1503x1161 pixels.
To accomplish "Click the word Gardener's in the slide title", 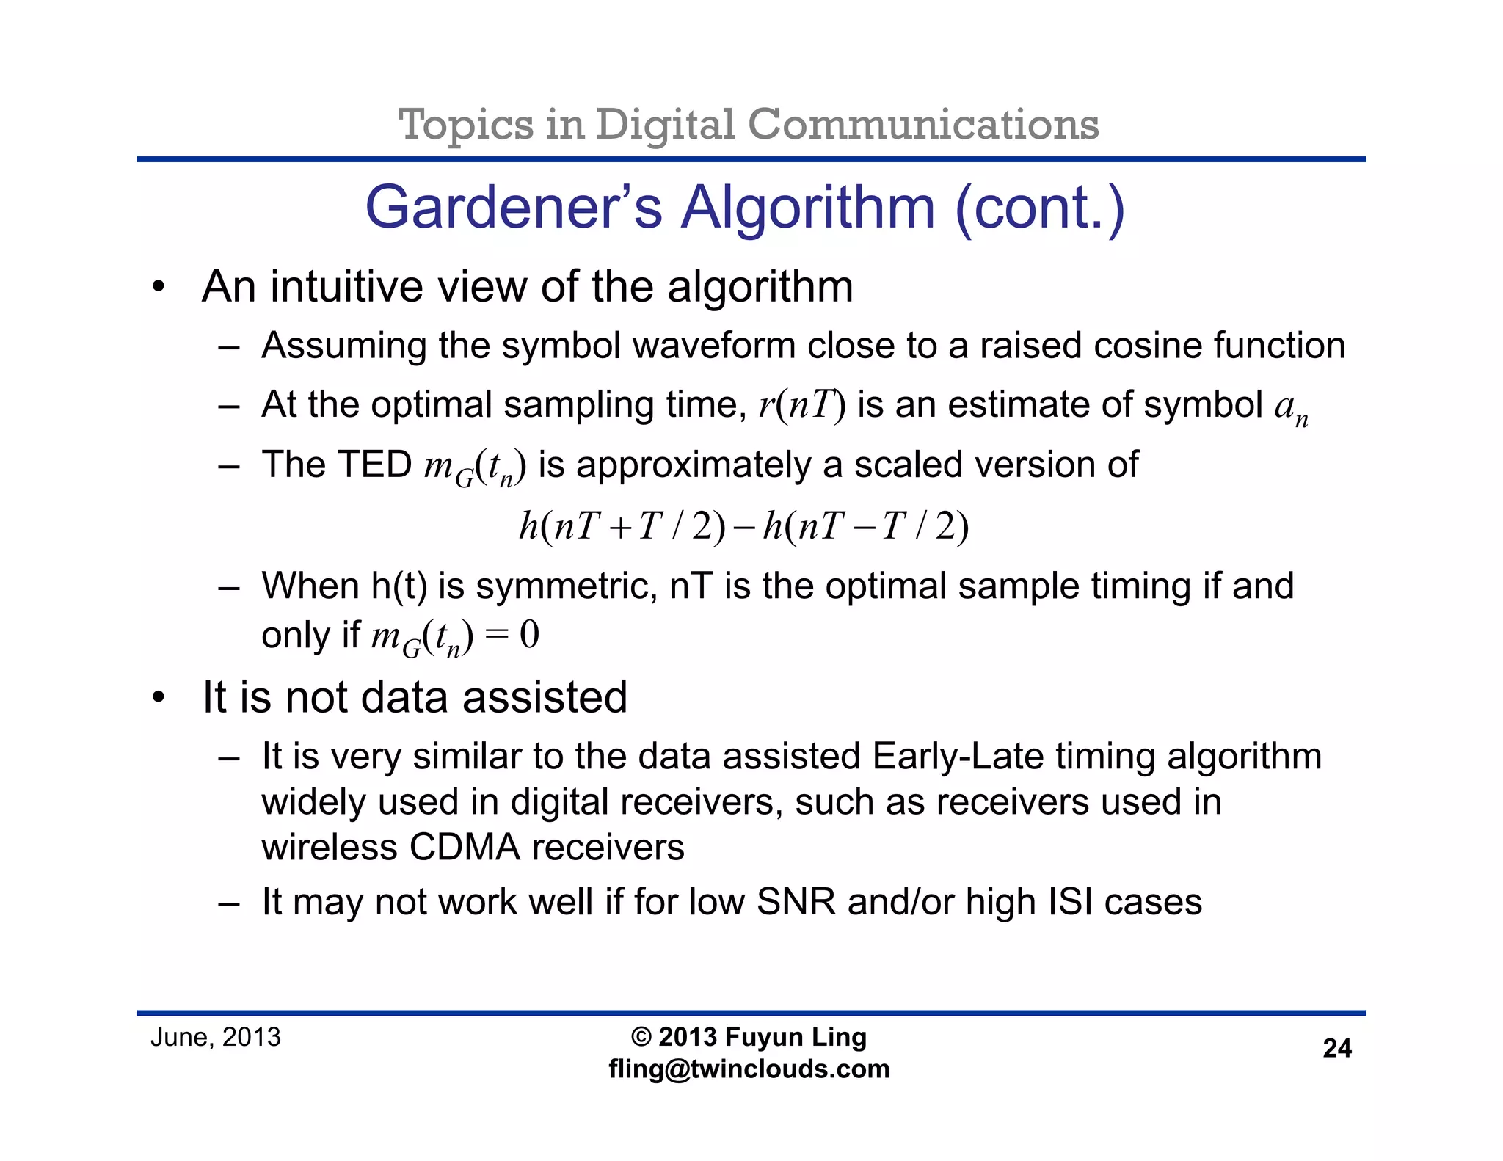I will [514, 208].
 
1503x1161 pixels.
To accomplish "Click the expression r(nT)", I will [802, 405].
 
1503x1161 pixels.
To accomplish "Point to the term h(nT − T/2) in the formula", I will [866, 526].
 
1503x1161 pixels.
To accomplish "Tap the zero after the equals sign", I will [529, 635].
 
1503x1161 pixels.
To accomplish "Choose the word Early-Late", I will [958, 757].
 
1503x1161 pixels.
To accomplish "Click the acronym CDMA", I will [465, 848].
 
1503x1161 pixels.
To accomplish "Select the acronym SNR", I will [796, 902].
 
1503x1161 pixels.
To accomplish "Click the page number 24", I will [1336, 1049].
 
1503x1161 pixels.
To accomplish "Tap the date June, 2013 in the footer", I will [215, 1038].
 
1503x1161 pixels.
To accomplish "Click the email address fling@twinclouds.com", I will [749, 1069].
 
